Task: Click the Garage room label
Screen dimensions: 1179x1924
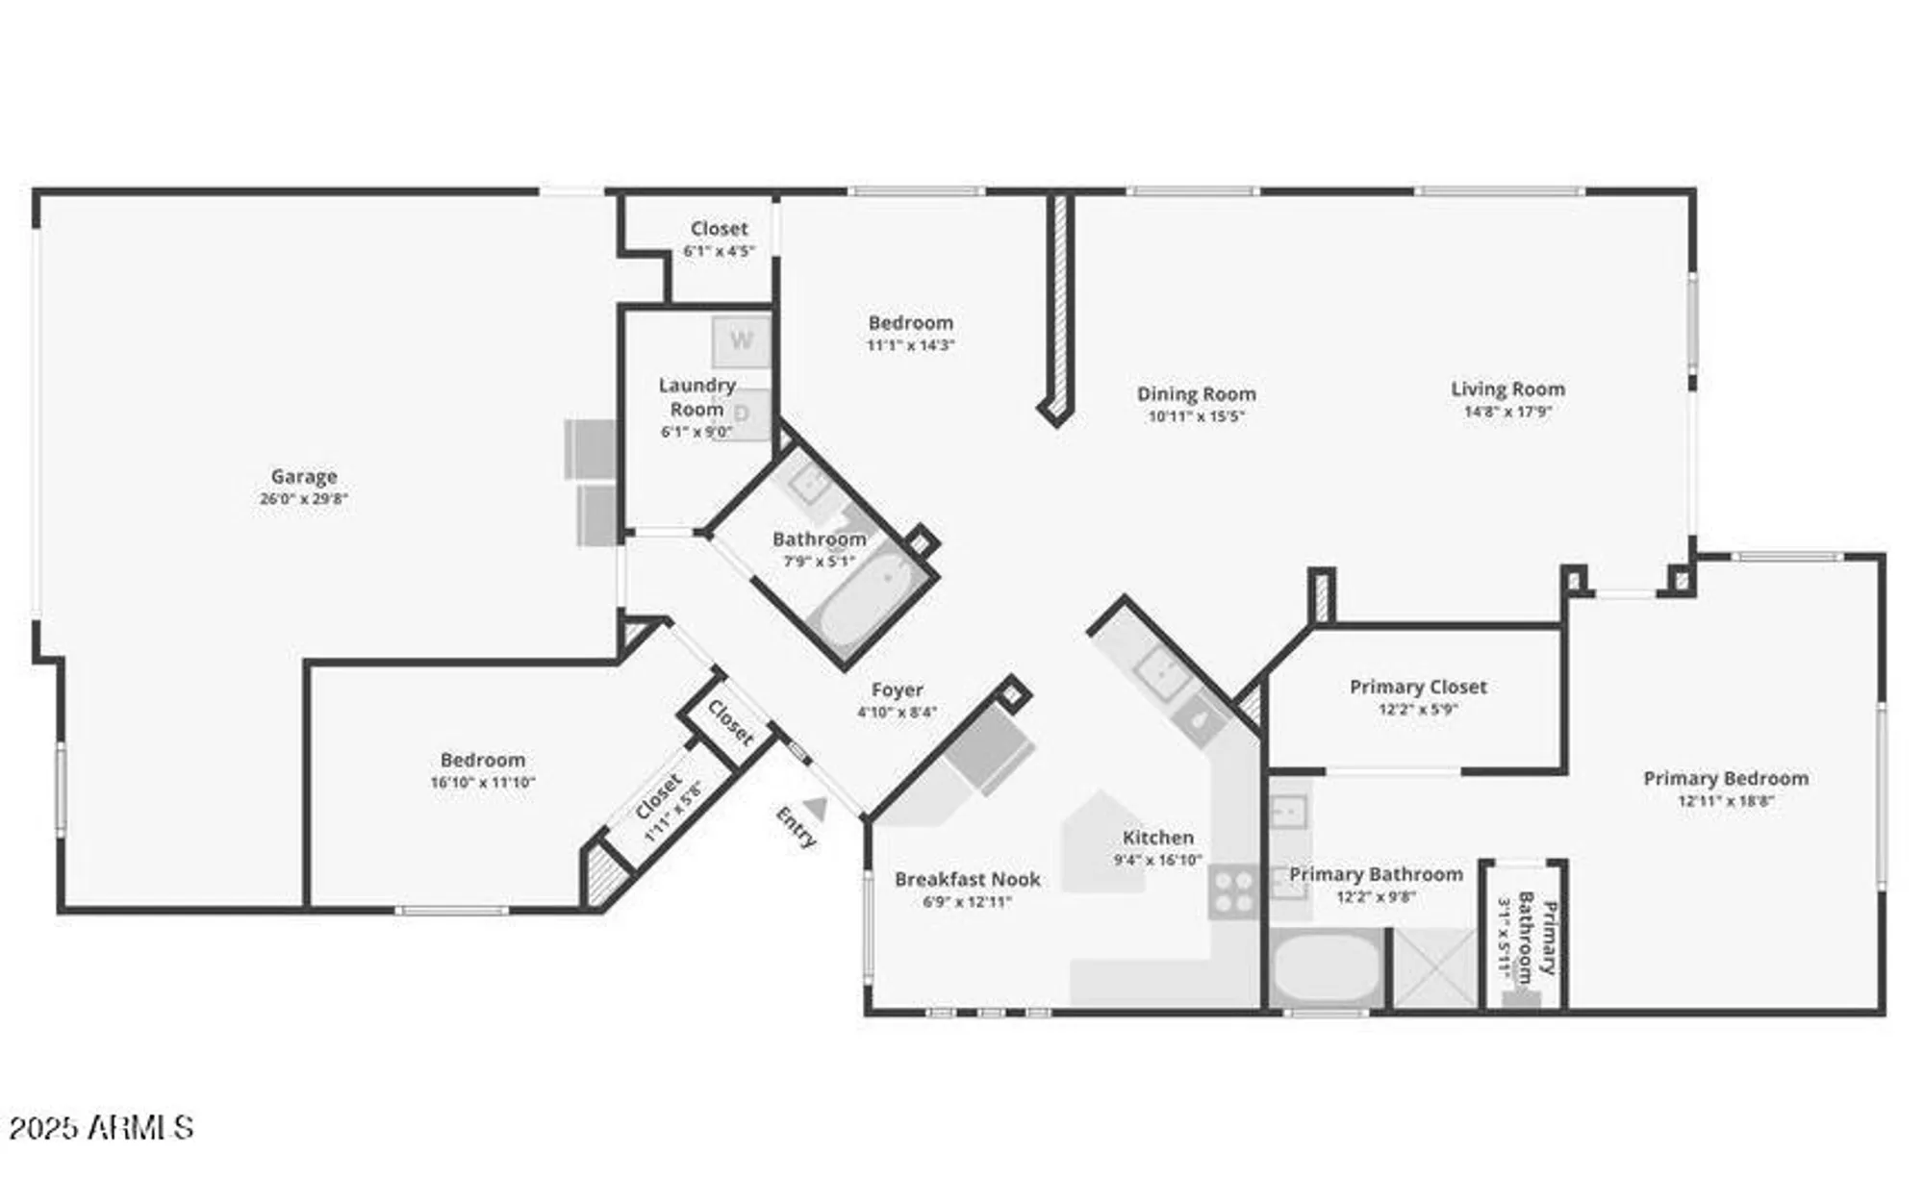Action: [303, 476]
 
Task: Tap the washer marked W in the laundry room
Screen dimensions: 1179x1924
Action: [741, 339]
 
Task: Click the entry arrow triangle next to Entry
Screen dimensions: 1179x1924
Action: [816, 808]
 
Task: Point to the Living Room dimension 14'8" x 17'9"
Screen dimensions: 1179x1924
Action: [1507, 413]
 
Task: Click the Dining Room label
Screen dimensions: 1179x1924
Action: [1196, 393]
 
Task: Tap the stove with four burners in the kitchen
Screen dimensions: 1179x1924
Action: [1232, 891]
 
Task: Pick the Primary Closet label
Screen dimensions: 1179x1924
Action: [1417, 687]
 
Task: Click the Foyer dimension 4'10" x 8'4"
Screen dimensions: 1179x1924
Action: [897, 713]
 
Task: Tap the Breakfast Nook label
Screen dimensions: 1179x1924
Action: [967, 879]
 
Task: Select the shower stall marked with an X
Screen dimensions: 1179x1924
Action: [1434, 968]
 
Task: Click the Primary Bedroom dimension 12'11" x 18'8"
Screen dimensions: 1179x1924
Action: [1725, 801]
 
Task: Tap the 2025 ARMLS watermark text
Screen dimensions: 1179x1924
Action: [101, 1127]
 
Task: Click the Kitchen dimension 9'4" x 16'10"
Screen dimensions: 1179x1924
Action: [1157, 861]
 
